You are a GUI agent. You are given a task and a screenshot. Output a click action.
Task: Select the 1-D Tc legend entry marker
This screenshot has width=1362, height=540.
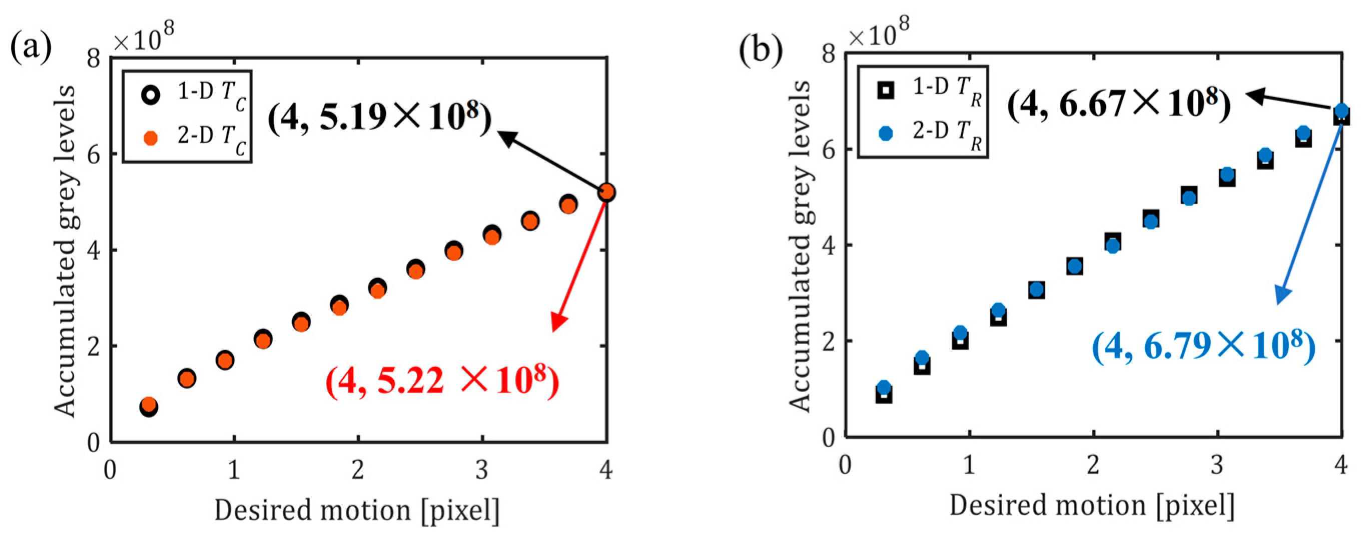tap(151, 95)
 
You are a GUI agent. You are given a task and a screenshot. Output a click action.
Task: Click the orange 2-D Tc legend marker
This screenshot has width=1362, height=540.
tap(151, 138)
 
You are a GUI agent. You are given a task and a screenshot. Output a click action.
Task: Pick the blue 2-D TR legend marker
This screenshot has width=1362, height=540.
tap(886, 133)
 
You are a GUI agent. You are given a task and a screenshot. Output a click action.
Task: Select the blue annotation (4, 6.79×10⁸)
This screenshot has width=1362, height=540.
tap(1203, 347)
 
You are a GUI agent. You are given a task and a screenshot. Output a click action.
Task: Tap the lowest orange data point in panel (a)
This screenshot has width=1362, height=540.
tap(149, 404)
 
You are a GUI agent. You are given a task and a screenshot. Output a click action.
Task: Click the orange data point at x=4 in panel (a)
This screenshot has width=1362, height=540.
tap(606, 192)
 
